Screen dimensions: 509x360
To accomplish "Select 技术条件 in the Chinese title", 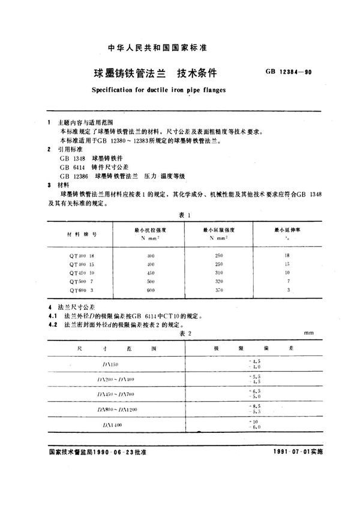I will [x=197, y=74].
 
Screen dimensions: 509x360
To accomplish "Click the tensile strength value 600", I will [x=151, y=290].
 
